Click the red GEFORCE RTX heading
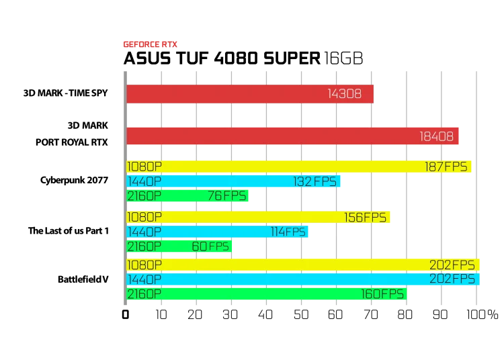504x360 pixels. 150,44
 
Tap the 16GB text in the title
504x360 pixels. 343,58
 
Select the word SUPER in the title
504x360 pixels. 292,58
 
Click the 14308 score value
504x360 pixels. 345,94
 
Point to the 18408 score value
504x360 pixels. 437,136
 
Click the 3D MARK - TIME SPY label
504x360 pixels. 66,93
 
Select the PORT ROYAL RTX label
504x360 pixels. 72,142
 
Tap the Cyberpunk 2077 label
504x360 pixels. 74,180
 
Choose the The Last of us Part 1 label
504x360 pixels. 69,231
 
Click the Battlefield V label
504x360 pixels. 83,279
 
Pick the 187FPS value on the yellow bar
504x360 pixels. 446,167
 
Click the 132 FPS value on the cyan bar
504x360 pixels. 314,181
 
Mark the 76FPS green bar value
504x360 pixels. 227,195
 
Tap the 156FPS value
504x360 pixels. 365,218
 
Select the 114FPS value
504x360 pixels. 288,232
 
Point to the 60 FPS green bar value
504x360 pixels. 210,246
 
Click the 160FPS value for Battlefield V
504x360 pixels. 382,294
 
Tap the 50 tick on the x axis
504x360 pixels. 301,315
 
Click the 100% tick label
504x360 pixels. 482,315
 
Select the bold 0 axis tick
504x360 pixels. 126,315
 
